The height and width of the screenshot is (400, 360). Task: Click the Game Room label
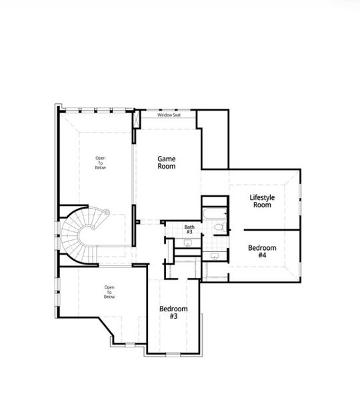(167, 162)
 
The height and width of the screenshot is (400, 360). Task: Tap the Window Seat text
(169, 115)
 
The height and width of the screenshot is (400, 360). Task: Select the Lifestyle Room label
(261, 201)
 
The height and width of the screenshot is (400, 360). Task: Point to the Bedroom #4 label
(262, 251)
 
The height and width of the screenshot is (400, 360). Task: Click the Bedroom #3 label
(173, 313)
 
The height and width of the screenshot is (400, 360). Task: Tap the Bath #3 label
(190, 229)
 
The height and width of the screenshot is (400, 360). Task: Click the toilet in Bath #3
(219, 228)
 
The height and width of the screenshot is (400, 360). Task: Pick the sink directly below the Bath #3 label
(188, 243)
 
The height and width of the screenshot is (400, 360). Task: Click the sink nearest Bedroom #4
(215, 255)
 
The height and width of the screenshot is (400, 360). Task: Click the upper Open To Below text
(100, 163)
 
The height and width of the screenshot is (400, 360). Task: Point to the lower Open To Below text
(109, 291)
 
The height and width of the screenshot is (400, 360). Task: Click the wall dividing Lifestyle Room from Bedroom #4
(263, 229)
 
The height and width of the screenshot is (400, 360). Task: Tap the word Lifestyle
(261, 197)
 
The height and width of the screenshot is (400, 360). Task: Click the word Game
(167, 158)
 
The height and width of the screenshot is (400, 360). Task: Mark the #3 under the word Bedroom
(173, 317)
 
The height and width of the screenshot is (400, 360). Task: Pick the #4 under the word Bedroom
(262, 255)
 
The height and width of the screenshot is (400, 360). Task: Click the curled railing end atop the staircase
(103, 211)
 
